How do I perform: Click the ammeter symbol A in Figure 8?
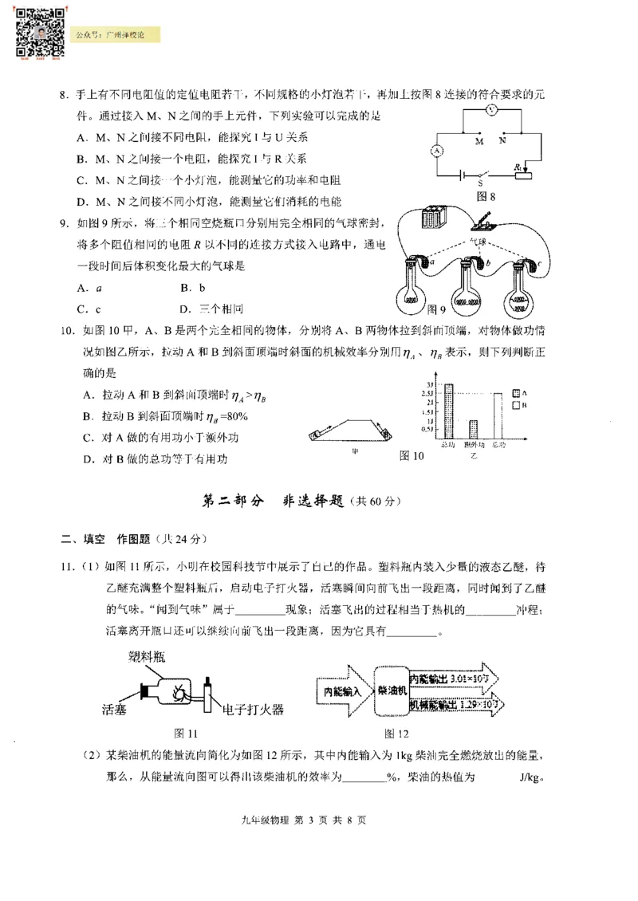[436, 149]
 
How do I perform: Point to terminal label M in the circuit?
[479, 140]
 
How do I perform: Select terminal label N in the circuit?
[502, 140]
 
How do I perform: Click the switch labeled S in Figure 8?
[480, 173]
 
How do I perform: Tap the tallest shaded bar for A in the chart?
[449, 411]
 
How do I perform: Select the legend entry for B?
[518, 405]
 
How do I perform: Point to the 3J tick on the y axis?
[430, 384]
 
